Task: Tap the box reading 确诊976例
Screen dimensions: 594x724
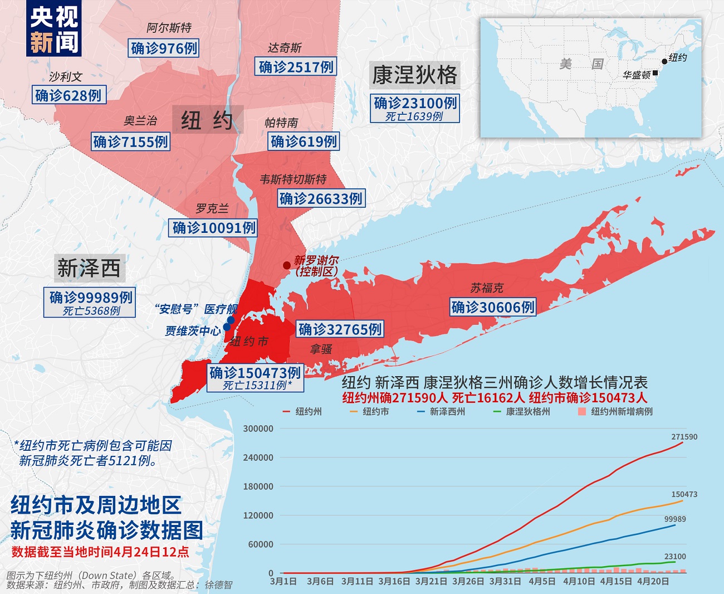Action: pos(164,48)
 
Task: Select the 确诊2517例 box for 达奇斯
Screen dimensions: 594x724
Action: pos(296,67)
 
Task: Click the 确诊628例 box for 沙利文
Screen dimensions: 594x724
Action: pos(69,95)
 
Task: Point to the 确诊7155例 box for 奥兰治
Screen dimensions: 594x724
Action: pos(130,142)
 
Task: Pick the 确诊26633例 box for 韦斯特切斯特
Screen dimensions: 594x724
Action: pos(321,198)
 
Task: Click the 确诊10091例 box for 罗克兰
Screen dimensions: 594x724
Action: pos(214,227)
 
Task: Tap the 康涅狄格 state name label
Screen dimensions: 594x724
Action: pos(414,75)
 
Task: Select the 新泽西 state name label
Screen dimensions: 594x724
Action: pos(89,268)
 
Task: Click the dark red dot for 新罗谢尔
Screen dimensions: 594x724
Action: pos(286,266)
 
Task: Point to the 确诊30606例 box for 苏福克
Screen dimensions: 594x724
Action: pos(493,307)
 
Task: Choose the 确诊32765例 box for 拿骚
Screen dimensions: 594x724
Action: pos(340,329)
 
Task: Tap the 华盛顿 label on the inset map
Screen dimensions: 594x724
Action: pos(636,75)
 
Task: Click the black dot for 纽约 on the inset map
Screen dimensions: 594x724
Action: pos(664,62)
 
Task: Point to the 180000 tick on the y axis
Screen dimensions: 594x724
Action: pos(258,486)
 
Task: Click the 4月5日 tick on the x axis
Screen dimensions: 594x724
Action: pos(541,581)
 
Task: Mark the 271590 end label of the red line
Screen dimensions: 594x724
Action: pos(684,437)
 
